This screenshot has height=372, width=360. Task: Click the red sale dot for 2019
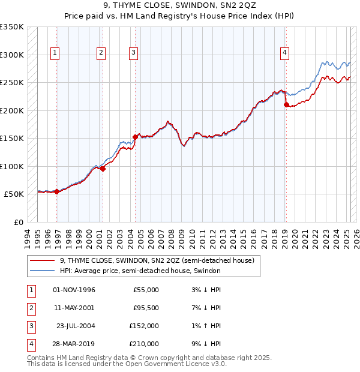[286, 105]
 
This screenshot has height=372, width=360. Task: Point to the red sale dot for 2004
[136, 137]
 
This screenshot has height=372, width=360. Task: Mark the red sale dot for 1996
[56, 191]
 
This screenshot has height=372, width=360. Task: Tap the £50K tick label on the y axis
[14, 194]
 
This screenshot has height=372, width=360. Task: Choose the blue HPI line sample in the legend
[43, 271]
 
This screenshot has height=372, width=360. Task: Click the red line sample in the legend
[43, 260]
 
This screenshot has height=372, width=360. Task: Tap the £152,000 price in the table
[144, 326]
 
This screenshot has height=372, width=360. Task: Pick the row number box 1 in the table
[30, 290]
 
